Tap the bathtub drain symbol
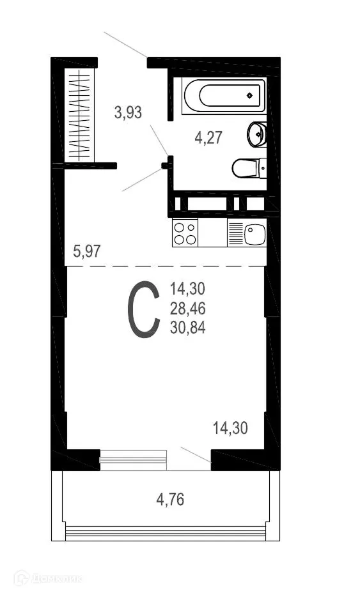249,97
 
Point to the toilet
247,168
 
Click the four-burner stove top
185,233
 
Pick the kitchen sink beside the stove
254,233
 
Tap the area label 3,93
128,113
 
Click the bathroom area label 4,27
208,137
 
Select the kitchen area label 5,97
87,251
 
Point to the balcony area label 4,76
170,499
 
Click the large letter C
143,311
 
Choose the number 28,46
187,309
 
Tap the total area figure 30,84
187,328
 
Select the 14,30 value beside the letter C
187,289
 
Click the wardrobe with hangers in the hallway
81,115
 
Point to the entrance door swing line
125,44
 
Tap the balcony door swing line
195,454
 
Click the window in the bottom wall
133,460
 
